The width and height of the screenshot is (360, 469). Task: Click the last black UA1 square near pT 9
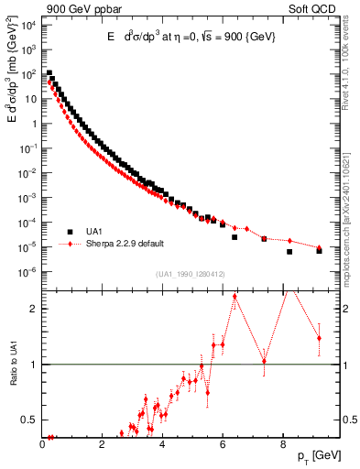point(319,250)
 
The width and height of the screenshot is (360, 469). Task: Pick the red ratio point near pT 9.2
point(319,338)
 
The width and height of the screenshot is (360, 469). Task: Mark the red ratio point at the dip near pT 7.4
point(265,361)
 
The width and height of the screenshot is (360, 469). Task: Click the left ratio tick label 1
point(35,365)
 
